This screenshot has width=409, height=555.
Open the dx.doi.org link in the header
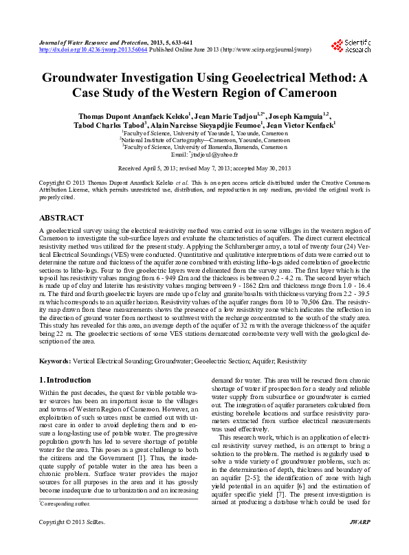pyautogui.click(x=93, y=50)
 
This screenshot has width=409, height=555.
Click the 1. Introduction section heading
pyautogui.click(x=65, y=380)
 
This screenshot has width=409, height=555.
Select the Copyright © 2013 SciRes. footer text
pyautogui.click(x=67, y=542)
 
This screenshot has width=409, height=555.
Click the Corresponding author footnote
pyautogui.click(x=67, y=523)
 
